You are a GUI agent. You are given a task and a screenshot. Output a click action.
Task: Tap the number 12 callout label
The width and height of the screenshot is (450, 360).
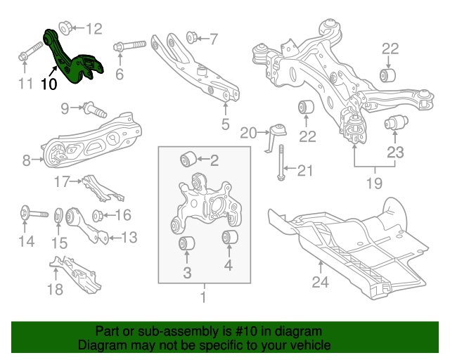pyautogui.click(x=94, y=29)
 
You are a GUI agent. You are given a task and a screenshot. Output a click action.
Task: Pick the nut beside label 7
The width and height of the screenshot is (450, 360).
pyautogui.click(x=191, y=37)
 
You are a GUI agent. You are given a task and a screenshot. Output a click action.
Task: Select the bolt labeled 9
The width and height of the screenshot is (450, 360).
pyautogui.click(x=93, y=109)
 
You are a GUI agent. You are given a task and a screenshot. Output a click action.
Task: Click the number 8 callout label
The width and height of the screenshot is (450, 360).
pyautogui.click(x=27, y=161)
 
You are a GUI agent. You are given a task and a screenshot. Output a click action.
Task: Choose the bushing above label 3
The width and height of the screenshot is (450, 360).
pyautogui.click(x=187, y=245)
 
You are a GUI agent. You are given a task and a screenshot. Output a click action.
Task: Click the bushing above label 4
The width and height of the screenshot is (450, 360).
pyautogui.click(x=229, y=238)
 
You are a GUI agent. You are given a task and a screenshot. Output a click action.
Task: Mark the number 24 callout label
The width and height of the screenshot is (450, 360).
pyautogui.click(x=321, y=283)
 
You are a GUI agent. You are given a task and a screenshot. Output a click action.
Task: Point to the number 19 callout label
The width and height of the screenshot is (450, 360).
pyautogui.click(x=374, y=184)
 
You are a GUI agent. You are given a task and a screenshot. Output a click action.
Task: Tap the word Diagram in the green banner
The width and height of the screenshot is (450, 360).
pyautogui.click(x=101, y=346)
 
